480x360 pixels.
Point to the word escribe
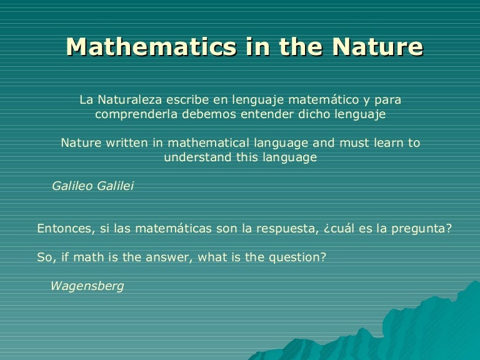pyautogui.click(x=189, y=99)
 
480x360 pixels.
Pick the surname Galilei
pyautogui.click(x=115, y=186)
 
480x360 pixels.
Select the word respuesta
pyautogui.click(x=284, y=228)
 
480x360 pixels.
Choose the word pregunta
pyautogui.click(x=423, y=228)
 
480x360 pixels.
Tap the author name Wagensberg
pyautogui.click(x=87, y=286)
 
